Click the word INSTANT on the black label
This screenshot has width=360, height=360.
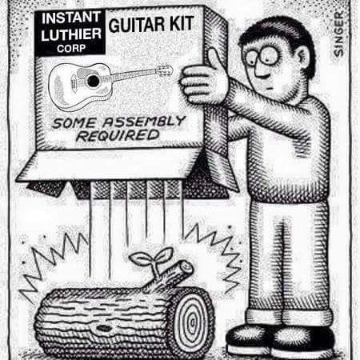click(x=70, y=18)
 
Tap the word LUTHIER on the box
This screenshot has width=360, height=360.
click(x=71, y=34)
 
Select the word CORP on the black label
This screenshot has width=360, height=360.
click(x=71, y=49)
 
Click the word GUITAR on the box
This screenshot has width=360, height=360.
click(x=137, y=25)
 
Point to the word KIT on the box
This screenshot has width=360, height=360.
click(x=182, y=23)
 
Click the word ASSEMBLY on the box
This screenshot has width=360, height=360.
click(x=143, y=122)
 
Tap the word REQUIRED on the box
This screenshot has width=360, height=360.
click(x=118, y=135)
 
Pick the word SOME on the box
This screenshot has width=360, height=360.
click(x=74, y=123)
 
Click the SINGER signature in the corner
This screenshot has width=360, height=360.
click(x=338, y=34)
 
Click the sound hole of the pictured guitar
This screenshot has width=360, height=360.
click(x=93, y=81)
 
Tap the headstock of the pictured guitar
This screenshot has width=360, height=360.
click(x=165, y=70)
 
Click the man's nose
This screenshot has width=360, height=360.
click(x=259, y=70)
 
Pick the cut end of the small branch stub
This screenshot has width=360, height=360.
click(x=186, y=266)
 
